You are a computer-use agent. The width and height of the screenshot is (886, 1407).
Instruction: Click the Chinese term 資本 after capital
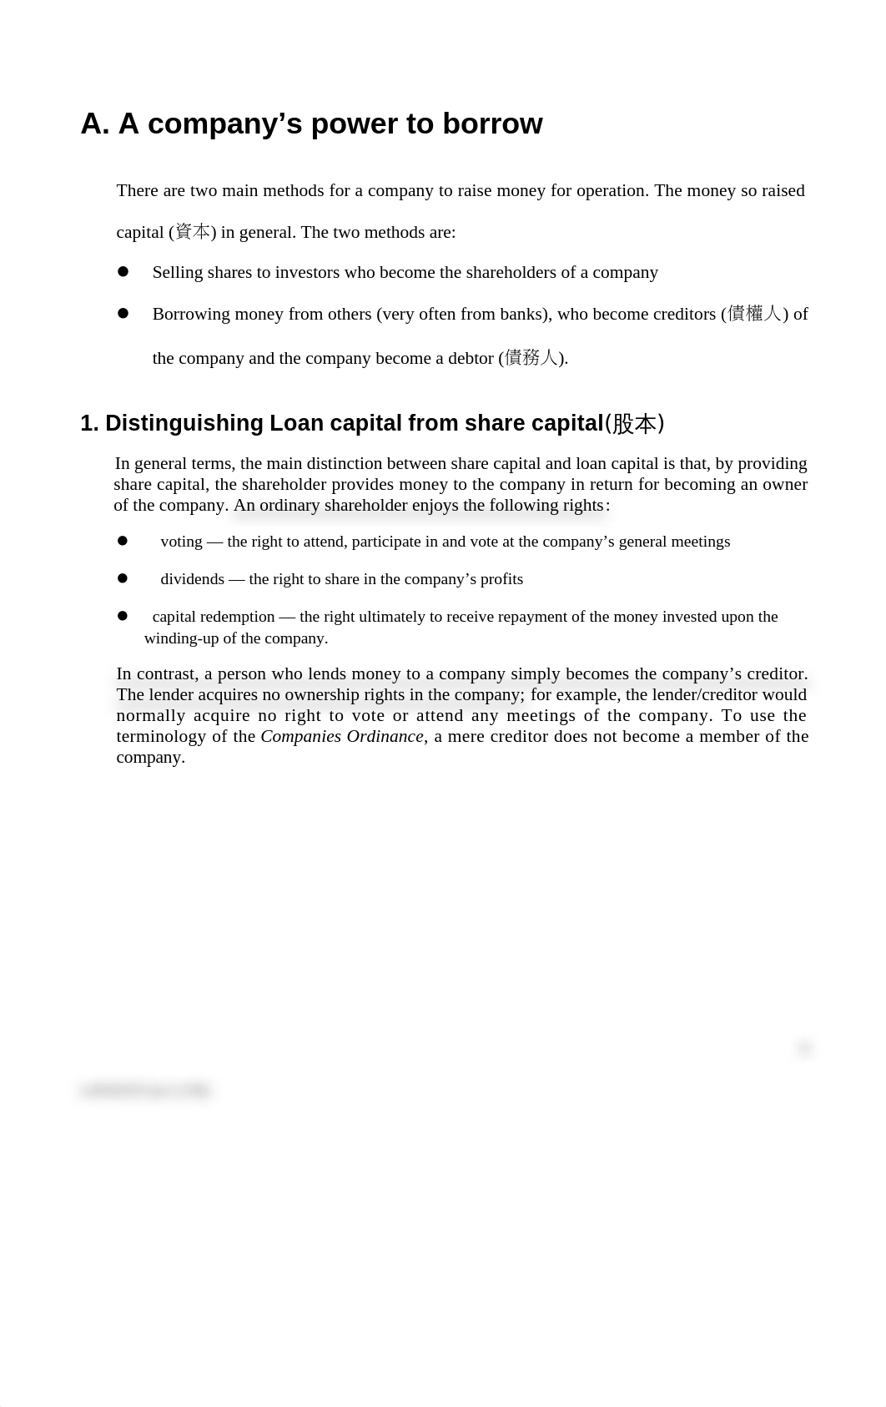(x=193, y=232)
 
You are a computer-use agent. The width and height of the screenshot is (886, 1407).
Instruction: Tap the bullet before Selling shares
(x=123, y=271)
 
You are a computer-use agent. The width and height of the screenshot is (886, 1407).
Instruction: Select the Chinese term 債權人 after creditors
(x=754, y=314)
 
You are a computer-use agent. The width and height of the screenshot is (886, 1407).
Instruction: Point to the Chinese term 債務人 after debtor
(x=531, y=358)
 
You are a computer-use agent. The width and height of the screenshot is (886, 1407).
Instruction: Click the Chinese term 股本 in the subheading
(x=635, y=424)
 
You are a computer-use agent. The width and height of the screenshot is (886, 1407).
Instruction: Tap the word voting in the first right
(x=181, y=542)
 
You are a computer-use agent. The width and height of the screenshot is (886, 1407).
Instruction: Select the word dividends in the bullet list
(x=192, y=579)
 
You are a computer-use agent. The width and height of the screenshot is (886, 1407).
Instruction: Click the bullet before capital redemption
(x=123, y=615)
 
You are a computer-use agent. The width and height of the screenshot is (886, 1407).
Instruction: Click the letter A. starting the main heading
(x=95, y=124)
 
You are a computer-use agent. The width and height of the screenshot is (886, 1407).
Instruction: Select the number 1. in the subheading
(x=89, y=423)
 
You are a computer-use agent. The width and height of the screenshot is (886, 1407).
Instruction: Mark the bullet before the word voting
(x=123, y=541)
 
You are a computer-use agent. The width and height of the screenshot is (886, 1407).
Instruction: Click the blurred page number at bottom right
(x=804, y=1049)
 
